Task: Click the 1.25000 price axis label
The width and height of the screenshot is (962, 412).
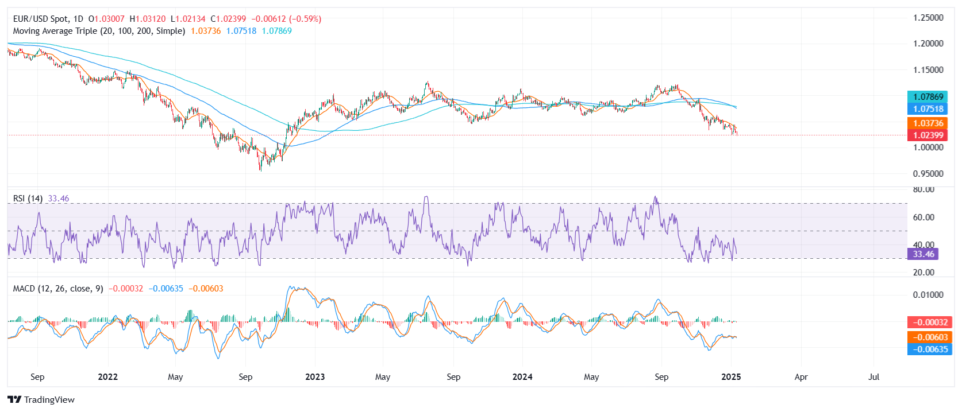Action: (928, 18)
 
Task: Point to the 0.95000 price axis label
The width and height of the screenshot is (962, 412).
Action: (928, 174)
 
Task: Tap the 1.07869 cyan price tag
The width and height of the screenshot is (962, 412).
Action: (928, 97)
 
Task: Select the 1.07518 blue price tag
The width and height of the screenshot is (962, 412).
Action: (928, 109)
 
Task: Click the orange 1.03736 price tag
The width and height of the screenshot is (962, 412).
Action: (928, 123)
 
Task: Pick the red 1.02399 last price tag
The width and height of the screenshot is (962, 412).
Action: (928, 135)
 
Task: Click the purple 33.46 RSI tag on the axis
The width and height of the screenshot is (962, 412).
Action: (923, 254)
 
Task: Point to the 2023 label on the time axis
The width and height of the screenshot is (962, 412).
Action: (315, 377)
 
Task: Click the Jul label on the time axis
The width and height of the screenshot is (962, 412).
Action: (874, 377)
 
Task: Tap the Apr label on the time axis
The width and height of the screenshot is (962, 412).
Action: (801, 377)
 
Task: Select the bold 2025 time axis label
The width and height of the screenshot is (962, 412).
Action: (731, 377)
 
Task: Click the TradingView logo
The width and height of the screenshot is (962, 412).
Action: (41, 400)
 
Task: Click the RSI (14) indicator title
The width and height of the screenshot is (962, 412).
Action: (28, 199)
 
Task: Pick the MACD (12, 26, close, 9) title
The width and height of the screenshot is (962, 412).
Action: (58, 289)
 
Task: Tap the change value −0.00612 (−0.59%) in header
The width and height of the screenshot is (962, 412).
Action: (286, 19)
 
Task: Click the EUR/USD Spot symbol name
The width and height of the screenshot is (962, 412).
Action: (40, 19)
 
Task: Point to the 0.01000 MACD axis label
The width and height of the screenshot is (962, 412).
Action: (928, 295)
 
